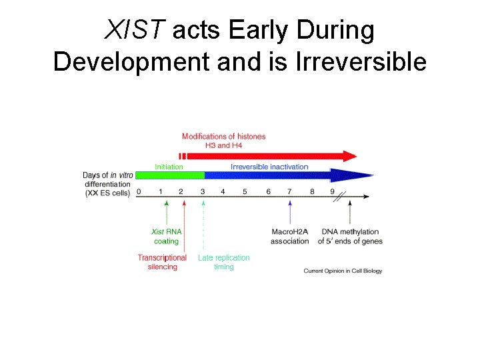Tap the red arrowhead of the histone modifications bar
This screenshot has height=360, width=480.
(349, 156)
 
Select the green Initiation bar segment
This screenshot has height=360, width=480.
(170, 175)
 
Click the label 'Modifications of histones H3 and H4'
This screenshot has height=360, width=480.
(223, 141)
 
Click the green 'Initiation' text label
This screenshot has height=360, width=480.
(169, 167)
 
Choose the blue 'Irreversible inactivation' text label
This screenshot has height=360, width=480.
(269, 167)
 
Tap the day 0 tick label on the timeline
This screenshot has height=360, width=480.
(139, 191)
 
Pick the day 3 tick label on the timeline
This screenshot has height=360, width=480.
(203, 191)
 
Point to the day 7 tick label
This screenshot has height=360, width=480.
(289, 191)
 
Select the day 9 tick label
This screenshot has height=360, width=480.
(332, 191)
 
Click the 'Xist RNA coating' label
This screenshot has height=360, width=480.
(166, 237)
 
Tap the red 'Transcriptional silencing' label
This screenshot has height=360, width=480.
(162, 262)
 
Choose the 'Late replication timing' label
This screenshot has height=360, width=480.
(224, 262)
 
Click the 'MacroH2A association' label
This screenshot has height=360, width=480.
(290, 237)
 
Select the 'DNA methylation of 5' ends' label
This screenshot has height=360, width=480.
(350, 237)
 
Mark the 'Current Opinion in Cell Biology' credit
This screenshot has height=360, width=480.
(343, 271)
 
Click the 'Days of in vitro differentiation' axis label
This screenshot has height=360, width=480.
(107, 184)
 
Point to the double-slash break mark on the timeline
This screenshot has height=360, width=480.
(341, 197)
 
